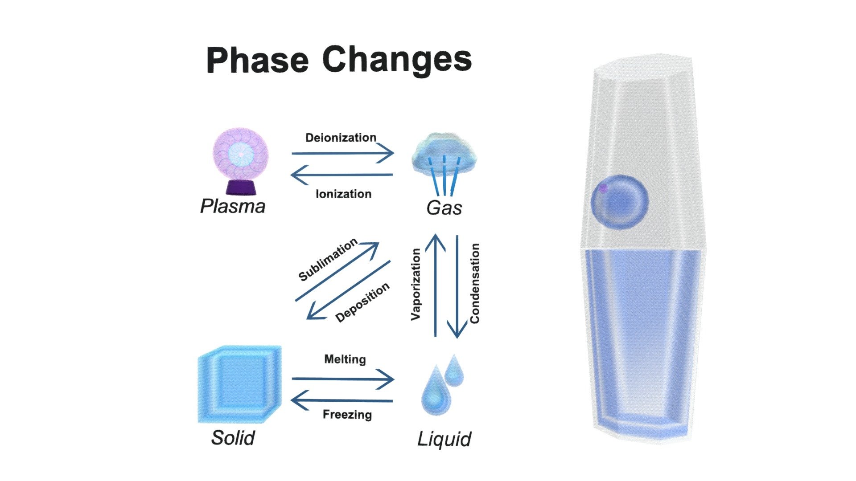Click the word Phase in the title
click(x=257, y=60)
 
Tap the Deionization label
click(x=341, y=138)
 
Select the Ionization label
click(x=343, y=194)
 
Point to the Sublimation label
click(x=328, y=260)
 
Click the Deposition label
click(x=362, y=302)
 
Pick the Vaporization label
click(x=416, y=284)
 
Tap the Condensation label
click(x=475, y=283)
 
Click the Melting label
click(x=345, y=359)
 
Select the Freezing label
click(x=347, y=415)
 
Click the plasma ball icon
click(x=241, y=162)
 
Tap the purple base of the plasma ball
click(x=241, y=187)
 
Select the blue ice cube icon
click(x=240, y=384)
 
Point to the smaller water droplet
click(x=454, y=370)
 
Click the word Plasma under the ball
click(x=233, y=206)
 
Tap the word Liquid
click(x=444, y=439)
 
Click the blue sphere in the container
click(x=619, y=202)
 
